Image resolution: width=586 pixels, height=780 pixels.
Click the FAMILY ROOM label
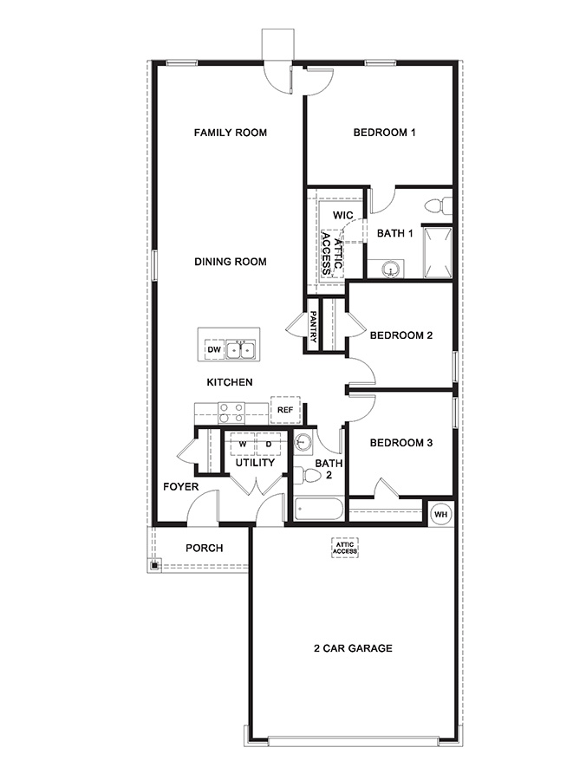[230, 133]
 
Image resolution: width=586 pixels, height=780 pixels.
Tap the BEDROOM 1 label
[385, 133]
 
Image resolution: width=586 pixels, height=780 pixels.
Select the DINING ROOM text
[230, 262]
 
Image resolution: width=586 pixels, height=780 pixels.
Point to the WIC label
[342, 214]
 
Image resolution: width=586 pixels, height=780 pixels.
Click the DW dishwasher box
[213, 349]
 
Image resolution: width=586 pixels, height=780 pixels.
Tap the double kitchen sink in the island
[241, 349]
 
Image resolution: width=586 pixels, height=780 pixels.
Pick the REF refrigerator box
[285, 410]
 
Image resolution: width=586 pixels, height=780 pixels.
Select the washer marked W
[243, 444]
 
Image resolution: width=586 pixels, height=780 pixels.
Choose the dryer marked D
[269, 444]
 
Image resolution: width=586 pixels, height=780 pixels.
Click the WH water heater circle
[440, 512]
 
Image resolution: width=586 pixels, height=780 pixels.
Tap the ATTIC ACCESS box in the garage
[345, 548]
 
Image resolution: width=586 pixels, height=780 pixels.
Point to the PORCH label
[205, 549]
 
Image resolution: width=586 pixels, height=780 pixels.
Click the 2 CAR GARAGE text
[354, 648]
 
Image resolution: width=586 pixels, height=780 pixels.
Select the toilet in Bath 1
[439, 207]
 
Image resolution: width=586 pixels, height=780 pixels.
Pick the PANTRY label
[313, 328]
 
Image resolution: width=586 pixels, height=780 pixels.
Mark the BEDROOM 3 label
[400, 443]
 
